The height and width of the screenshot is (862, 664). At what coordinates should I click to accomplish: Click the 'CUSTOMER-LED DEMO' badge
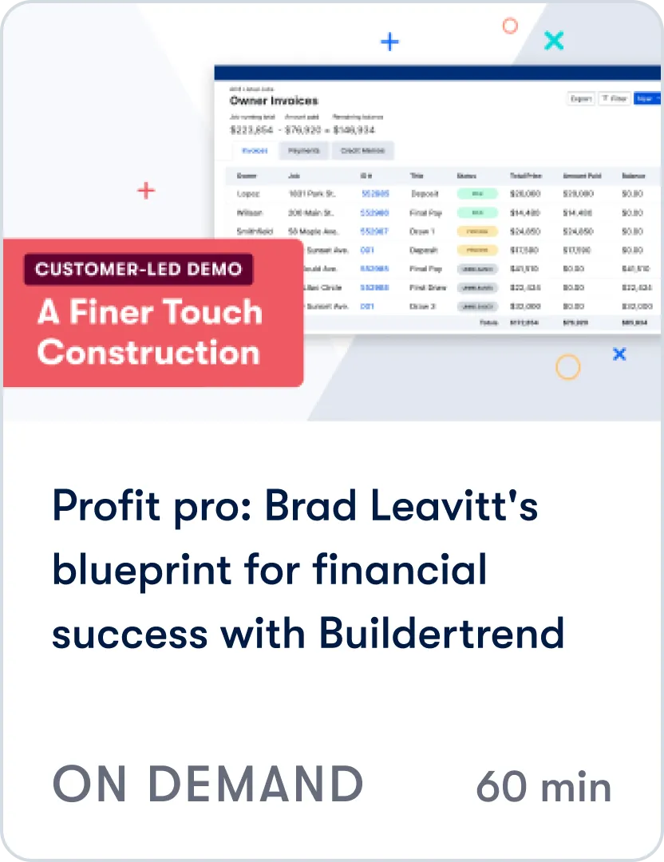139,270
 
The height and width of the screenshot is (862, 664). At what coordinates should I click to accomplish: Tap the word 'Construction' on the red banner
148,352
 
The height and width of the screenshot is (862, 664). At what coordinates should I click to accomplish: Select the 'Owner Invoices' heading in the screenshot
274,101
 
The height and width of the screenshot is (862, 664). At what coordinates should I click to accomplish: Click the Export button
580,98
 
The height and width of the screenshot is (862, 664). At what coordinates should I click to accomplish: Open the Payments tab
303,150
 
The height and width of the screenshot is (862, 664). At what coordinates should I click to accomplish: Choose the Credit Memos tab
362,150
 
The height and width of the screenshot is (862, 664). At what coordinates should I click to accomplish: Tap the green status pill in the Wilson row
477,212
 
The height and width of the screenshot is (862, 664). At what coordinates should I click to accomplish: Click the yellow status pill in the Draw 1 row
477,231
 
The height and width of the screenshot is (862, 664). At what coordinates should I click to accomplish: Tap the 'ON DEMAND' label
207,784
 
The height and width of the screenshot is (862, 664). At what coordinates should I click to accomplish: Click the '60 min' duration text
543,787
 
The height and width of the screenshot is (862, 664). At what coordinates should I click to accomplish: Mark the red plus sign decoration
145,191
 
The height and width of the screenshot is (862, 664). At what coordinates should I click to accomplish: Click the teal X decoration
553,40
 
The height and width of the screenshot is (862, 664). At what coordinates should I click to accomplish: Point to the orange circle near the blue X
567,367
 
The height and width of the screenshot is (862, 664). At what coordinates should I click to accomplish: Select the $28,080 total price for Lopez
525,193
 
